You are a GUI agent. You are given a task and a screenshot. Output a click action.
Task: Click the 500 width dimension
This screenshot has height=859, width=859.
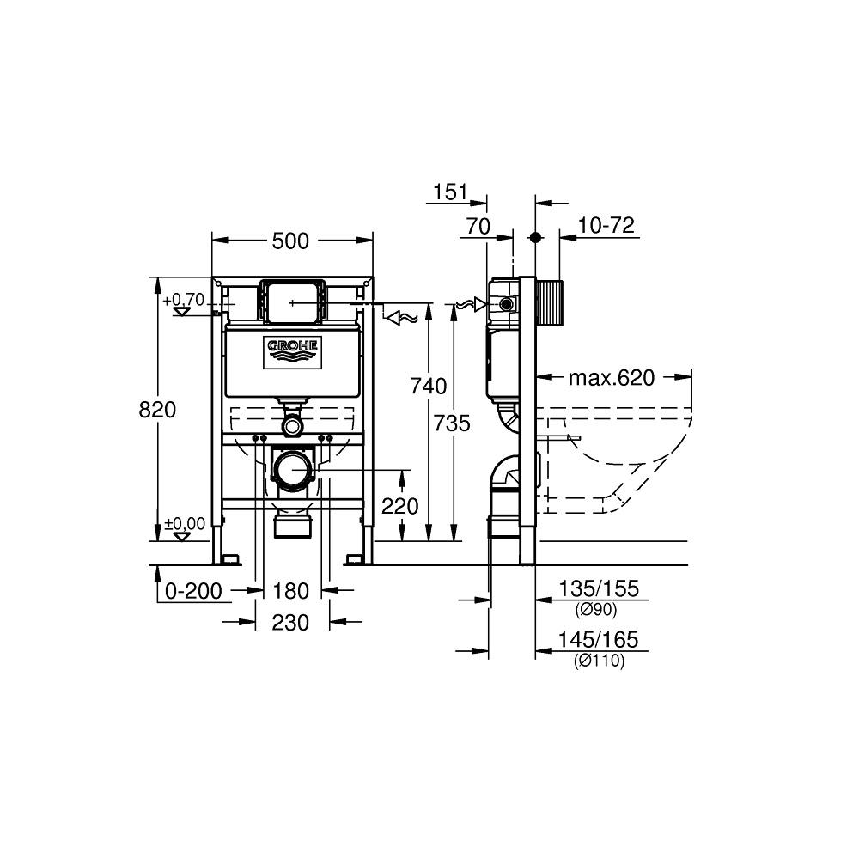click(x=290, y=241)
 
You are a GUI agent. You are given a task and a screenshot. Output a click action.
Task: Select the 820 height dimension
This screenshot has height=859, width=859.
click(x=157, y=410)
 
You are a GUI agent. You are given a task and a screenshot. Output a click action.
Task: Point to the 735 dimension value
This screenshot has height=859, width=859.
click(x=453, y=423)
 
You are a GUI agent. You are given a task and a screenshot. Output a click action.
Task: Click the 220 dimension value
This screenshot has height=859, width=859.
click(x=400, y=506)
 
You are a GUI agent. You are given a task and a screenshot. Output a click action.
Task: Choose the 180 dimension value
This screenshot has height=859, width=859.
click(x=290, y=590)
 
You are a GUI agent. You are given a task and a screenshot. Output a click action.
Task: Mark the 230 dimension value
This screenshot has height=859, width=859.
click(x=290, y=623)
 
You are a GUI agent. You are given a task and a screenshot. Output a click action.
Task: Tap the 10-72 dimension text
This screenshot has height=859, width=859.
click(x=606, y=226)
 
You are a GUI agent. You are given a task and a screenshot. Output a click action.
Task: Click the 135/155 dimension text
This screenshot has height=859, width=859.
click(x=599, y=590)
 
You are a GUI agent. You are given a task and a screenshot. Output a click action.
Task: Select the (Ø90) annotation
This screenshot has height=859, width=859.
click(x=599, y=609)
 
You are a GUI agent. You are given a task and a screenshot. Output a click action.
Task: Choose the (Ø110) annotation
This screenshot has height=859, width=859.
click(x=599, y=661)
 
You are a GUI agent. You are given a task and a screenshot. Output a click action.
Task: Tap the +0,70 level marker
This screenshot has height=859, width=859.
click(x=184, y=301)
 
